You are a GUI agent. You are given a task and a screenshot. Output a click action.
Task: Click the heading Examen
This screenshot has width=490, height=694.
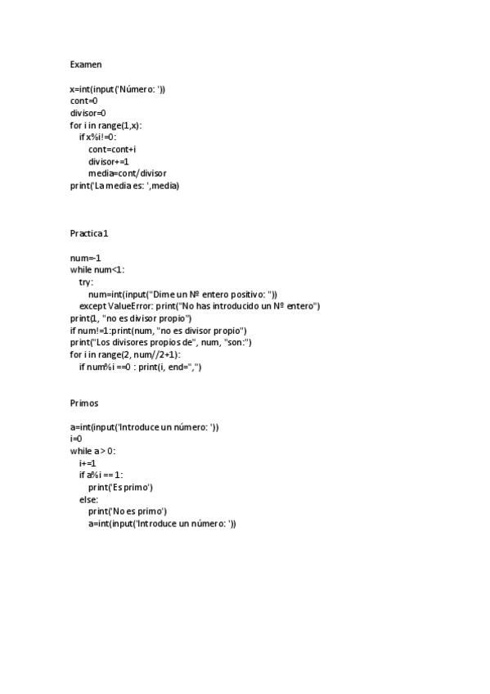coord(86,64)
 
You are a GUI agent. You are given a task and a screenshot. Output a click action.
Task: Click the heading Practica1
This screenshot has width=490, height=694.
coord(90,234)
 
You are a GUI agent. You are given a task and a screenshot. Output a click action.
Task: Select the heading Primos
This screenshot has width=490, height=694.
coord(86,403)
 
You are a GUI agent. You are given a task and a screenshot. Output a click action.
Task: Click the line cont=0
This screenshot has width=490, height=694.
coord(84,101)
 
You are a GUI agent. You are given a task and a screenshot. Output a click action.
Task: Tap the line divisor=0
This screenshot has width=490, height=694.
coord(88,113)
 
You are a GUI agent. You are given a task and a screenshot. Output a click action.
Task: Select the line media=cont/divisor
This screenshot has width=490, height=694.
coord(127,173)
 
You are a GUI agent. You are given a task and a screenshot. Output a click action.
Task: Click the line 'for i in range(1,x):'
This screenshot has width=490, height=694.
coord(111,125)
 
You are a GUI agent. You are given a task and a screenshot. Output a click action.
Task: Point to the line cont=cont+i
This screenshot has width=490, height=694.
coord(112,149)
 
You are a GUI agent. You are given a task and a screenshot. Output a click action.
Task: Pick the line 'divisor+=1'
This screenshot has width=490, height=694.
coord(109,161)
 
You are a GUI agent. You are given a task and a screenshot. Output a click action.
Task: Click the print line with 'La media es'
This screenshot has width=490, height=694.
coord(124,186)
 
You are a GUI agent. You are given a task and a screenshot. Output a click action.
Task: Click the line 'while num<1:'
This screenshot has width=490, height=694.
coord(98,270)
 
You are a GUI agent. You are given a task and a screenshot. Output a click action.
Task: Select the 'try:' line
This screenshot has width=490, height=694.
coord(86,282)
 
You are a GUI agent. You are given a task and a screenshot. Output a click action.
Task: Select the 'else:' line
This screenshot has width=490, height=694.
coord(88,499)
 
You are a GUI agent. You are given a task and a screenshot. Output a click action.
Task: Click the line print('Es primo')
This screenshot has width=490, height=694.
coord(121,488)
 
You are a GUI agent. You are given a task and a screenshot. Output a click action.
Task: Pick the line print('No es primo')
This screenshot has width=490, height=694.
coord(128,511)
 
